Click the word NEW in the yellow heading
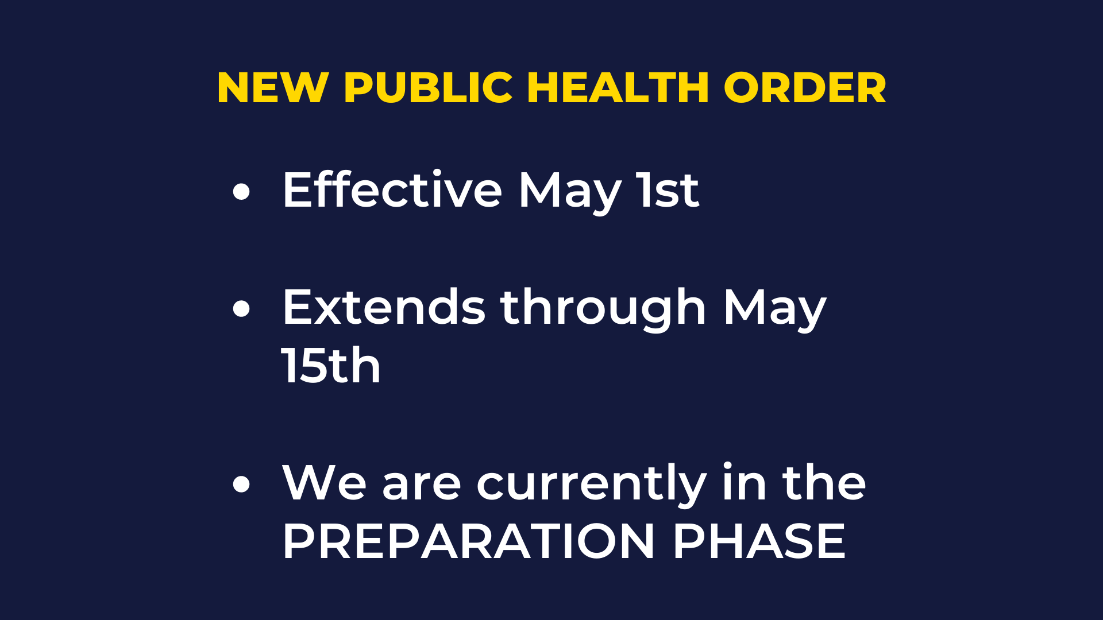click(273, 88)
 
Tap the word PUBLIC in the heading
click(428, 88)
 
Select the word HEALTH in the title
click(618, 88)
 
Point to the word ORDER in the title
click(805, 88)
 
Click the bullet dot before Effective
click(242, 192)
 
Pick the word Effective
click(392, 189)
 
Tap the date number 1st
click(668, 190)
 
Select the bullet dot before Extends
click(242, 309)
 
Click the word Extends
click(384, 307)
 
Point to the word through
click(603, 310)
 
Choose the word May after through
click(774, 311)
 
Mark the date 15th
click(331, 366)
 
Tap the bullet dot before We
click(242, 483)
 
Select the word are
click(422, 486)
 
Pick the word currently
click(592, 486)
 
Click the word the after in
click(824, 482)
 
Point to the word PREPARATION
click(469, 541)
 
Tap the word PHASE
click(759, 541)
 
